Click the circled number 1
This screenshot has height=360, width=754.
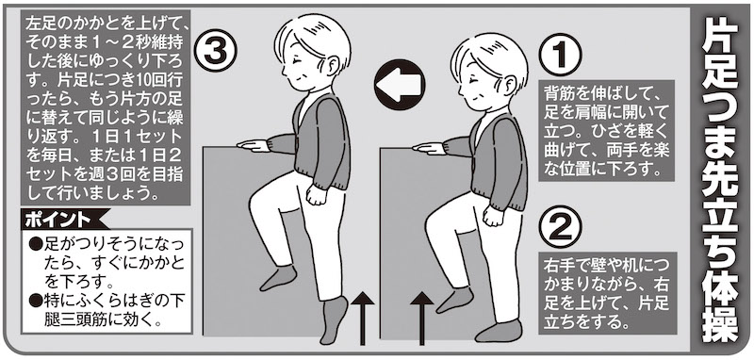click(x=560, y=55)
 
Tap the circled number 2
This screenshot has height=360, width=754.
click(x=560, y=226)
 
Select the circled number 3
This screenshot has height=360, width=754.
click(x=216, y=51)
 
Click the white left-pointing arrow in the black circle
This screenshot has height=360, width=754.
click(x=400, y=84)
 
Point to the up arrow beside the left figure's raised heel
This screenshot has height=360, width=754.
click(x=363, y=319)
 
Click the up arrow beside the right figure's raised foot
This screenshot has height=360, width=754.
click(x=421, y=319)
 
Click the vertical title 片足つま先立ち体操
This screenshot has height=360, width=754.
click(x=719, y=180)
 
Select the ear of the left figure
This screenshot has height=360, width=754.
click(x=333, y=66)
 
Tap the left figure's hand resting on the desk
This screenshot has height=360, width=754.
click(x=254, y=144)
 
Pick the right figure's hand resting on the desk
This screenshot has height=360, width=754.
click(x=430, y=147)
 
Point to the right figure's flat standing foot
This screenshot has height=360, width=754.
click(x=499, y=330)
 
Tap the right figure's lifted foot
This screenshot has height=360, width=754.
click(x=455, y=299)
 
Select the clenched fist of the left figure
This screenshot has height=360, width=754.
click(x=316, y=194)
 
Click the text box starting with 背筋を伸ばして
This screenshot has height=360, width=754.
click(x=607, y=130)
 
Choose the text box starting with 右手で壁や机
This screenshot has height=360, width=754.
click(x=607, y=293)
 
